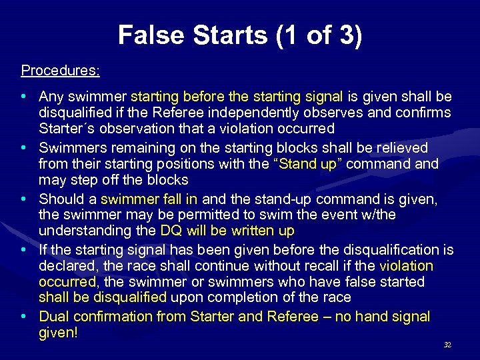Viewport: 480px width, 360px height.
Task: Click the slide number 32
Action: (x=447, y=345)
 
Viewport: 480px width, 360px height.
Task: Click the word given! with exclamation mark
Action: (x=59, y=332)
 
